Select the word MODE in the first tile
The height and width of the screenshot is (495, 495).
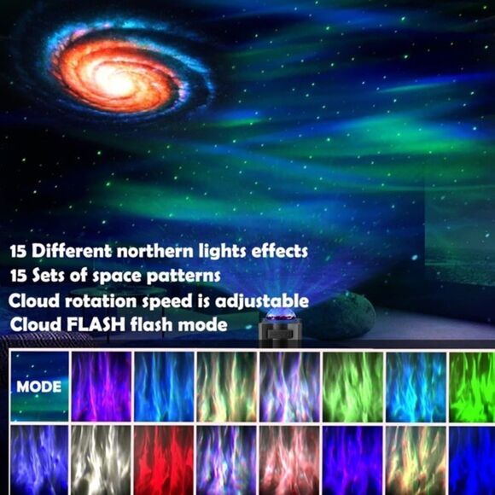(x=39, y=387)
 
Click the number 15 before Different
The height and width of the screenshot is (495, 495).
(x=19, y=253)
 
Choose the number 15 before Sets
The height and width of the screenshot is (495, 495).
(x=19, y=277)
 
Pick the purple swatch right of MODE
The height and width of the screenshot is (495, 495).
(x=102, y=387)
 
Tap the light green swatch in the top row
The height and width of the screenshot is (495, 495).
(x=351, y=387)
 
